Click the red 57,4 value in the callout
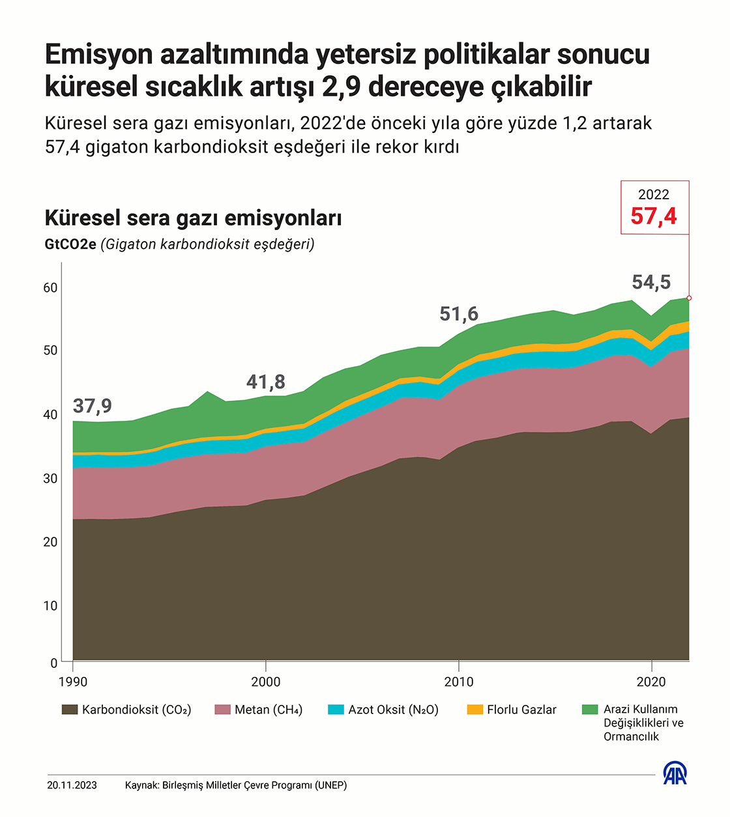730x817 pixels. [654, 216]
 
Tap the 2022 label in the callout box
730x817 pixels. [654, 195]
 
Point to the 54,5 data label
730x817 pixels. [651, 282]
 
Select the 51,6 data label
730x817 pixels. [459, 314]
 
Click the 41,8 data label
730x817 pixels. [266, 382]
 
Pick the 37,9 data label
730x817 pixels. [93, 406]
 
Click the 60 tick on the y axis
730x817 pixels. [50, 288]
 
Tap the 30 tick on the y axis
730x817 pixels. [50, 478]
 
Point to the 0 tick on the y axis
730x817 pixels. [54, 663]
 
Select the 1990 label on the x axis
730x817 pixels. [73, 682]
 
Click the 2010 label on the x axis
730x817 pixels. [459, 682]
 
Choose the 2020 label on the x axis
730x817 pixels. [651, 682]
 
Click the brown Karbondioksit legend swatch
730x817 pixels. [70, 709]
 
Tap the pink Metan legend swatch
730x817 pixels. [222, 709]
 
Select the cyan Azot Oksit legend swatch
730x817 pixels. [336, 709]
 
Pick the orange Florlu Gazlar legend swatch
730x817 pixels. [475, 709]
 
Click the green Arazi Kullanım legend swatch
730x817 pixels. [590, 709]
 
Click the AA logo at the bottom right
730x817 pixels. [675, 773]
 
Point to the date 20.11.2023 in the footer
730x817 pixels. [72, 785]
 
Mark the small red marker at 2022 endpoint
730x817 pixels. [689, 298]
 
